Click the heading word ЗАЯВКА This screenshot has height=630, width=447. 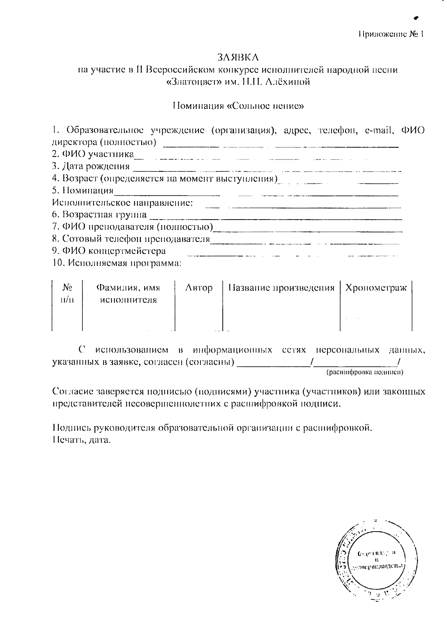[238, 57]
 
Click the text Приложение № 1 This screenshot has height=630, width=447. [391, 34]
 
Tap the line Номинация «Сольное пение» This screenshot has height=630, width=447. [238, 106]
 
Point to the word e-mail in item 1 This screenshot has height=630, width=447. [380, 130]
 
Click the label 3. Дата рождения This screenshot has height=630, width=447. [91, 166]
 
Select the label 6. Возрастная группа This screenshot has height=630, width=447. [99, 215]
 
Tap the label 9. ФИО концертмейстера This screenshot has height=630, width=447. [109, 251]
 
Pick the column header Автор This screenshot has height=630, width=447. [199, 288]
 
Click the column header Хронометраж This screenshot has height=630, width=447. [376, 288]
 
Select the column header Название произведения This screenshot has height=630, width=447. [281, 288]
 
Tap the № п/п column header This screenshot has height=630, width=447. [67, 294]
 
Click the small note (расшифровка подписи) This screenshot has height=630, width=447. [365, 372]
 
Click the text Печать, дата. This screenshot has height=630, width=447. [82, 440]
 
